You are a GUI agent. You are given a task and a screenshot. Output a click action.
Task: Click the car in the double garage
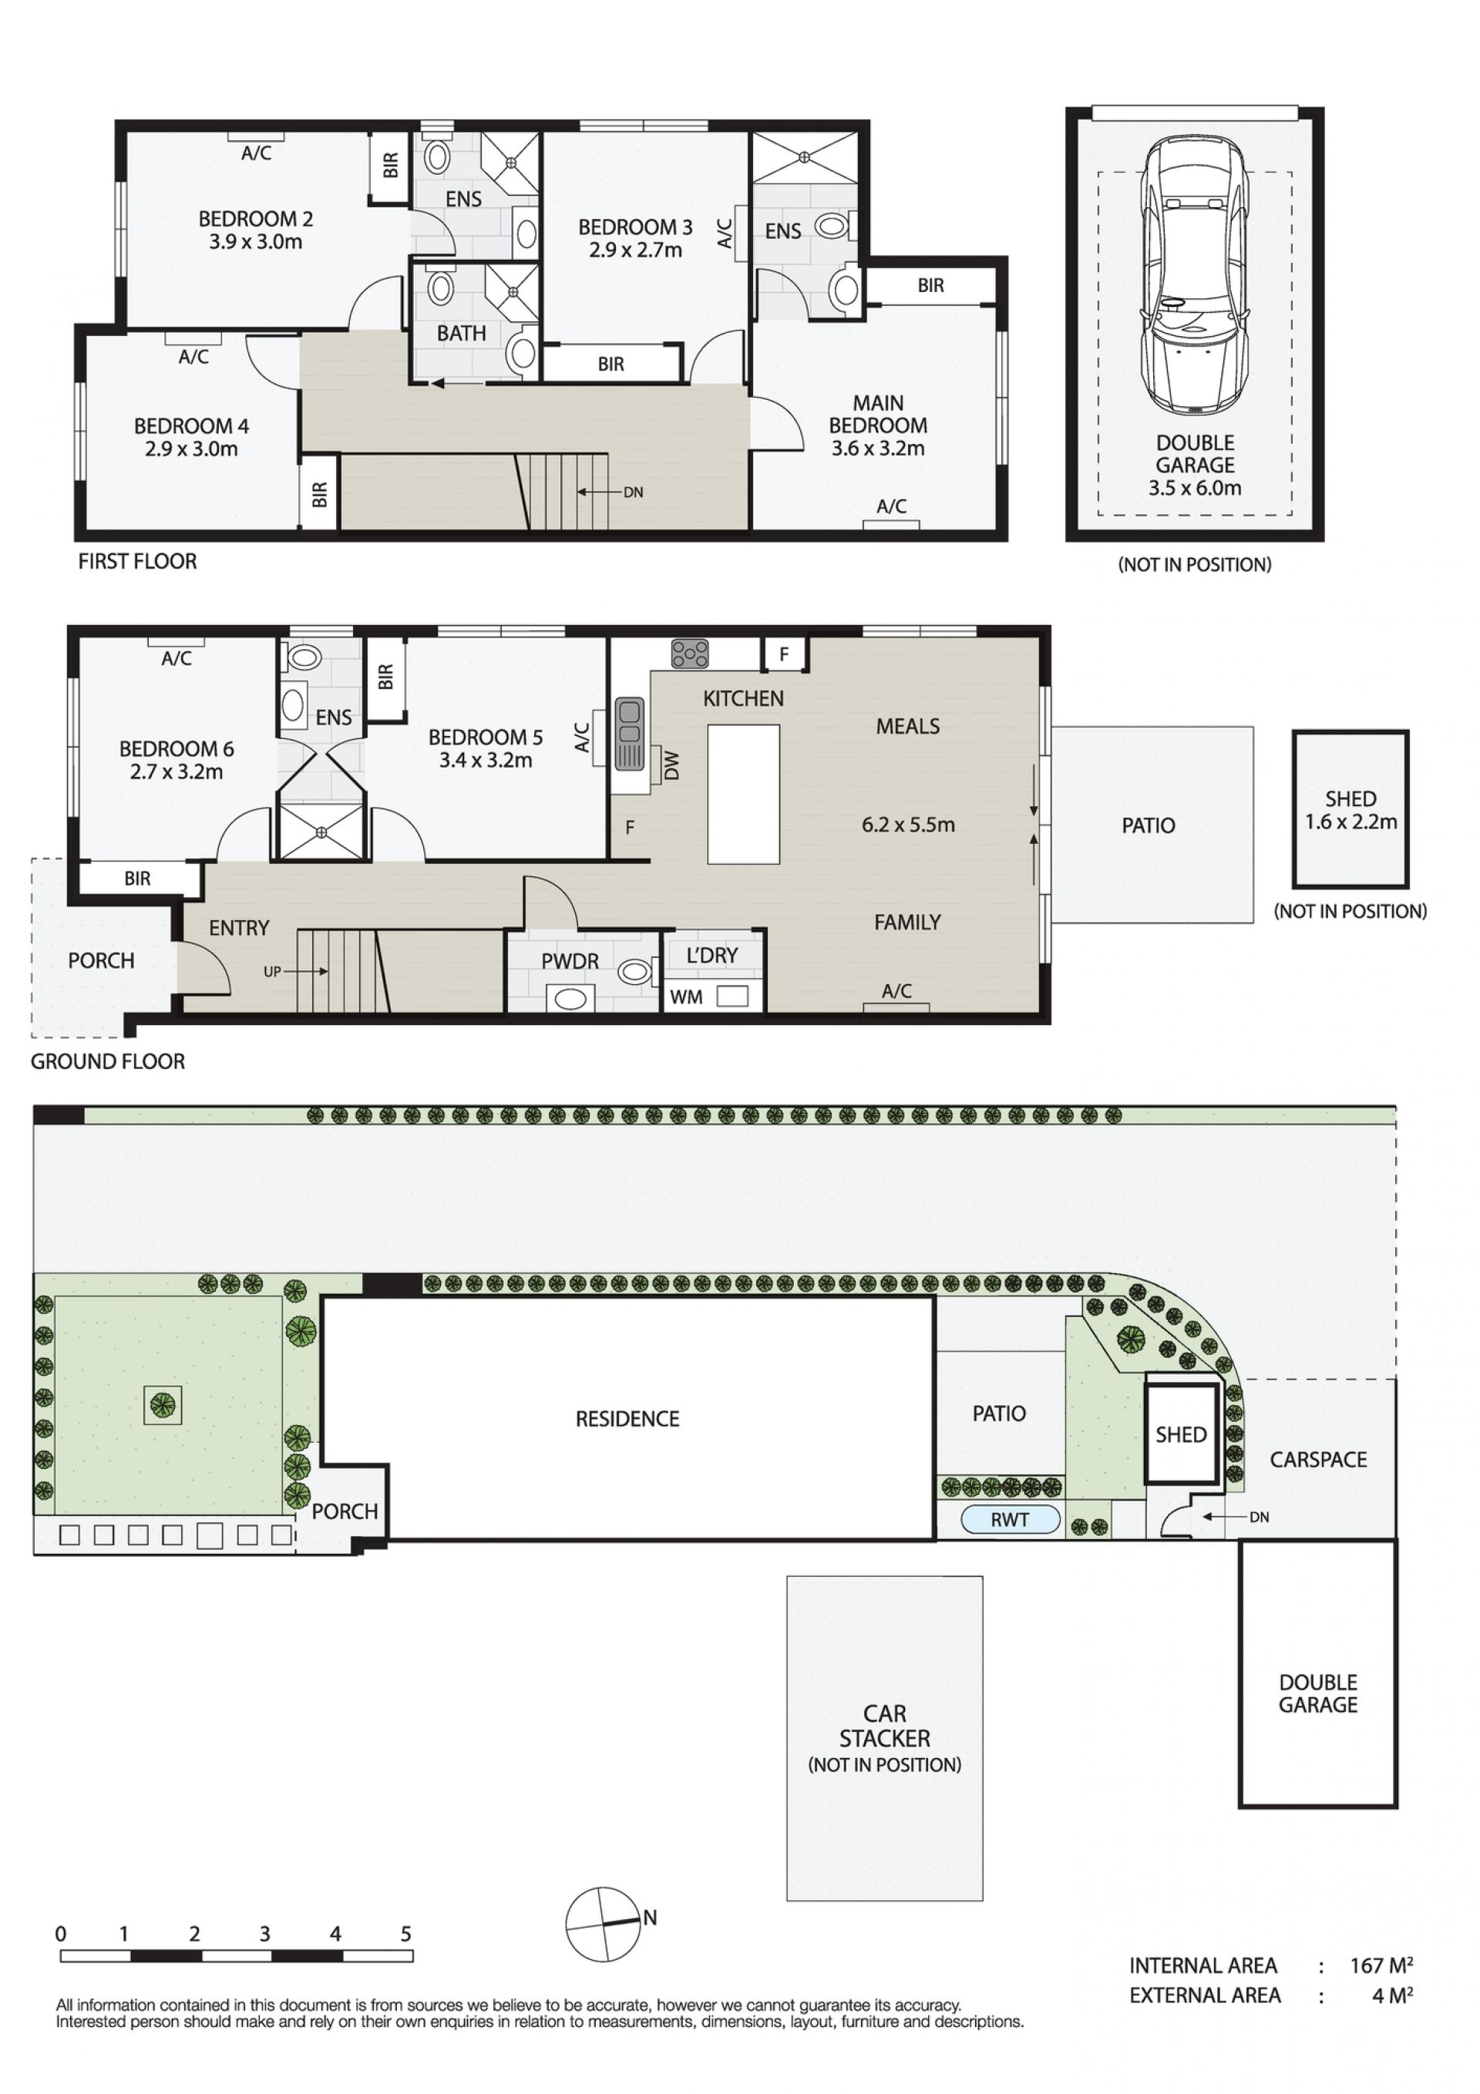coord(1194,273)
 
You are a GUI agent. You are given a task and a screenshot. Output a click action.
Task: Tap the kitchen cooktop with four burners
coord(690,653)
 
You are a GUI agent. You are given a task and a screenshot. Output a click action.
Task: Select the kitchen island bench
coord(743,794)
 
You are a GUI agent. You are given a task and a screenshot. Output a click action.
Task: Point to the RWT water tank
coord(1010,1519)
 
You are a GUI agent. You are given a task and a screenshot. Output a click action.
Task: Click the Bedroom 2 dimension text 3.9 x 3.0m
coord(255,242)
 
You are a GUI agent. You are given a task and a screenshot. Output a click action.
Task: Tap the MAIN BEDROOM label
coord(878,414)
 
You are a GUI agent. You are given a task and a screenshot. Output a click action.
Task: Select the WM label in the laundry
coord(686,997)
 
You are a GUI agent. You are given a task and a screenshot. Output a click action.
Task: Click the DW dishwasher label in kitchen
coord(672,765)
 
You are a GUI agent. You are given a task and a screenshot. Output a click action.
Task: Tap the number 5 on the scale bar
coord(406,1934)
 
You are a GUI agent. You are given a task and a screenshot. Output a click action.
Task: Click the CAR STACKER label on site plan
coord(884,1726)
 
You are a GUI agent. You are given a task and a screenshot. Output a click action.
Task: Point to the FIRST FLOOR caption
coord(138,562)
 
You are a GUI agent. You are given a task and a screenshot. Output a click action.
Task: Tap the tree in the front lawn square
coord(163,1406)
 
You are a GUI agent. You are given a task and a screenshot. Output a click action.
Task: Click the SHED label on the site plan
coord(1181,1434)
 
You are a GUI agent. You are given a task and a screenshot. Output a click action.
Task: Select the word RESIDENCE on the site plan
coord(627,1419)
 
